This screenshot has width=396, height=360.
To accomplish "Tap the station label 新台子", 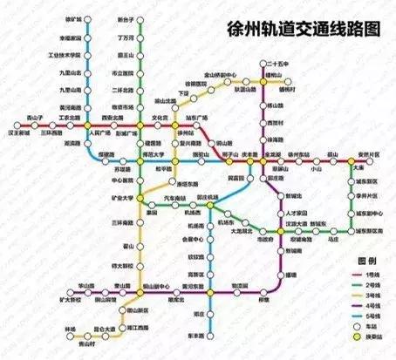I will click(x=124, y=18).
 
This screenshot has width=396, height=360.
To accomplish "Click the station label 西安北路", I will click(x=115, y=117).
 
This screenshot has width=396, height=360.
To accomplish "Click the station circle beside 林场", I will click(x=88, y=329).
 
